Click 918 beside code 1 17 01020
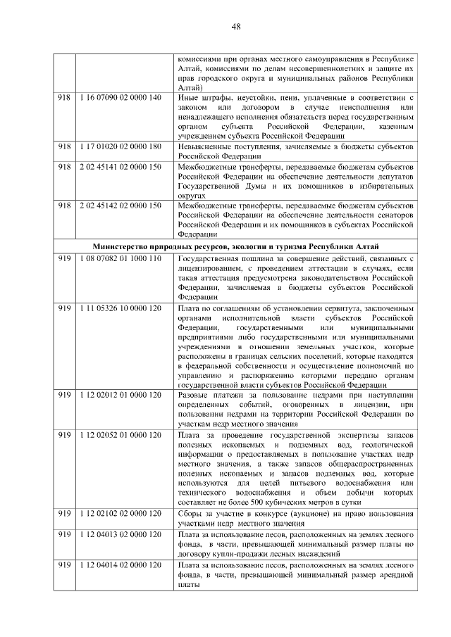tap(65, 146)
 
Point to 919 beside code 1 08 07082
tap(65, 259)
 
